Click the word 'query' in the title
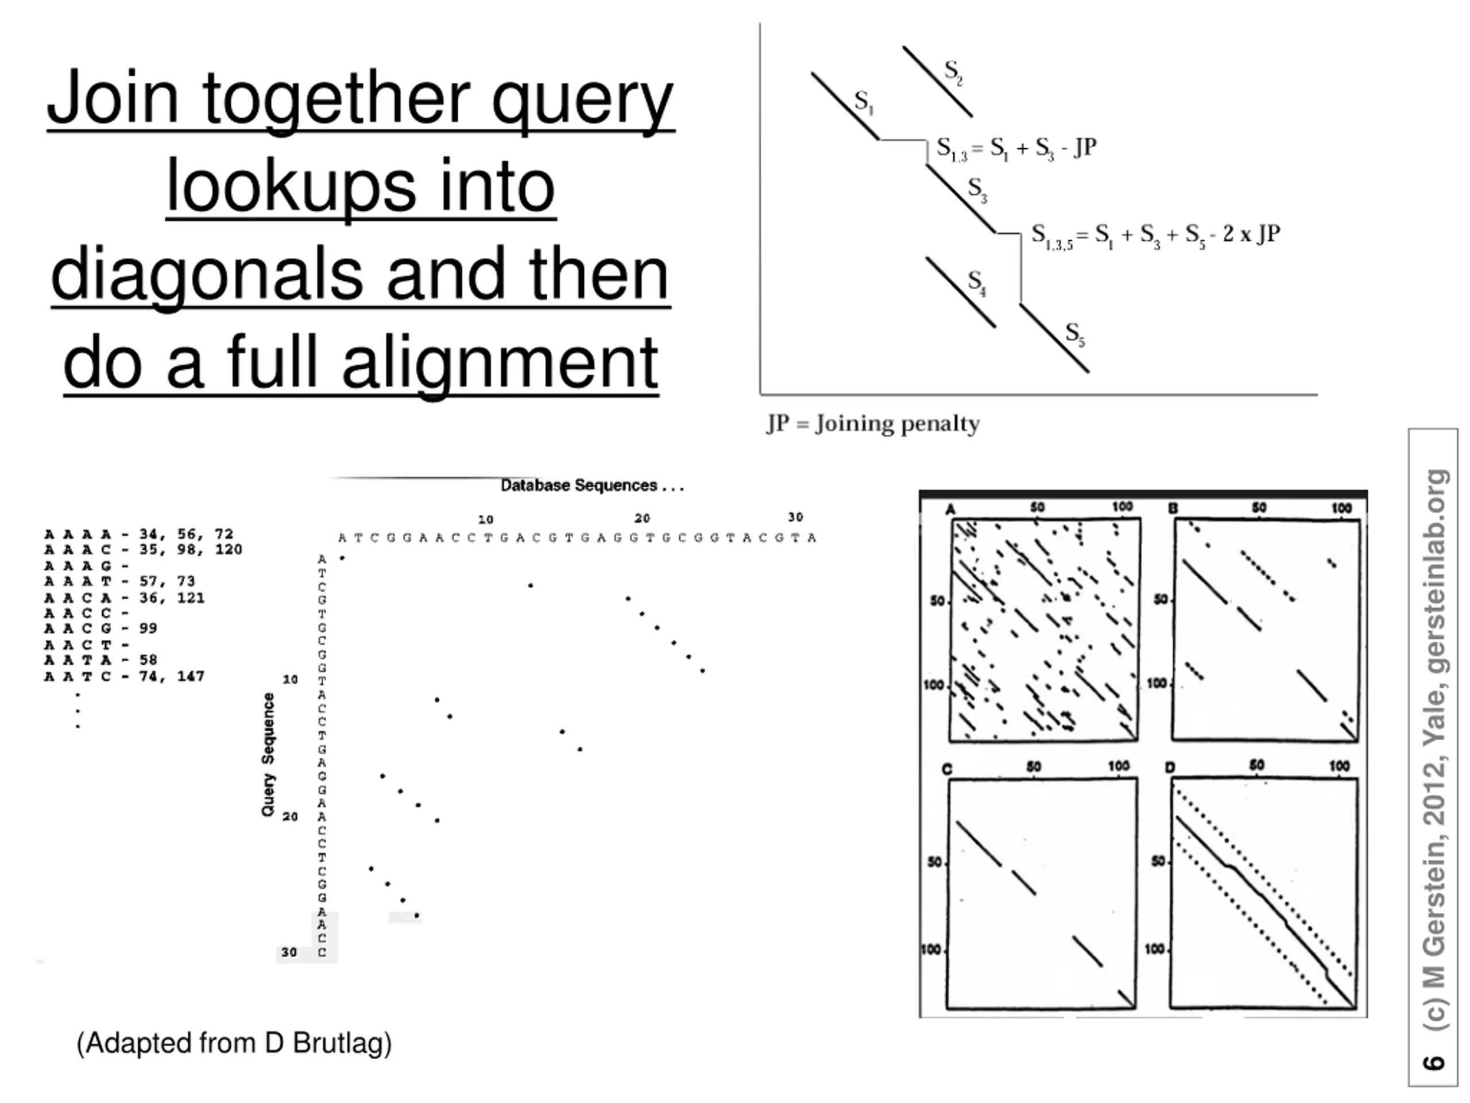(x=582, y=100)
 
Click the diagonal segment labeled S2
(x=937, y=82)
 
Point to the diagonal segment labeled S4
(x=960, y=292)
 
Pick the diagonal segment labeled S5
(x=1053, y=338)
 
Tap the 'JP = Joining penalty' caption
(x=873, y=423)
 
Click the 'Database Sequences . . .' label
(x=591, y=485)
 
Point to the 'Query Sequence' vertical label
(x=268, y=755)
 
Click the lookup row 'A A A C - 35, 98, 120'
(x=143, y=550)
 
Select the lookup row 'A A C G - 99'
(x=100, y=628)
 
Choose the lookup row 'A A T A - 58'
(x=100, y=660)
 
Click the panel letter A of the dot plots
(x=950, y=510)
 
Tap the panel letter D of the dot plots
(x=1170, y=768)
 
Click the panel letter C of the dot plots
(x=947, y=769)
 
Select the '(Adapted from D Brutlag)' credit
(x=234, y=1043)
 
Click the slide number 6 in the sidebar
(x=1434, y=1062)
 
